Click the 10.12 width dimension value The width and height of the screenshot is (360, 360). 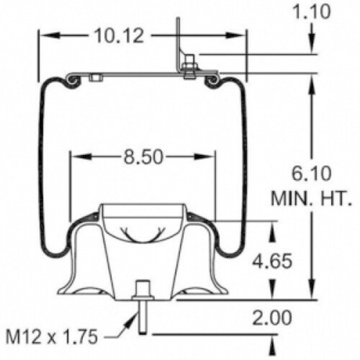pos(119,36)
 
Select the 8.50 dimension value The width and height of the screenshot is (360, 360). pos(143,157)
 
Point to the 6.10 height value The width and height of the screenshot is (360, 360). pos(311,174)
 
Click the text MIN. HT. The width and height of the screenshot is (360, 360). pos(311,199)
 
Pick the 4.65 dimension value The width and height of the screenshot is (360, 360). pos(272,261)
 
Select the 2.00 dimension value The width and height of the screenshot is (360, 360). pos(272,318)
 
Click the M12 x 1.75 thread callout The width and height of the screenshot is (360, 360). pos(52,336)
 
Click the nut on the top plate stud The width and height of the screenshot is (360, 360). pos(189,66)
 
